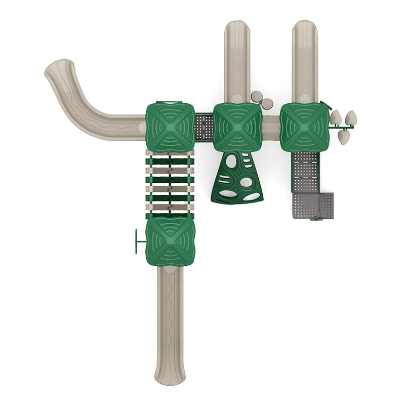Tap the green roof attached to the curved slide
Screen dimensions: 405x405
pyautogui.click(x=170, y=127)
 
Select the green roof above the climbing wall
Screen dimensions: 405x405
pyautogui.click(x=237, y=127)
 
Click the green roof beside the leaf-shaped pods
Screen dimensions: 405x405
pyautogui.click(x=304, y=127)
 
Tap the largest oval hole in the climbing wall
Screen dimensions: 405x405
pyautogui.click(x=247, y=181)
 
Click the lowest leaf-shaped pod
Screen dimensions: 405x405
pyautogui.click(x=343, y=137)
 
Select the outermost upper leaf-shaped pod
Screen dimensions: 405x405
pyautogui.click(x=351, y=118)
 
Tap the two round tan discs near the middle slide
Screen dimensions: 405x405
pyautogui.click(x=262, y=100)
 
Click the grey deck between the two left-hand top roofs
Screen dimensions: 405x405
pyautogui.click(x=204, y=127)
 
